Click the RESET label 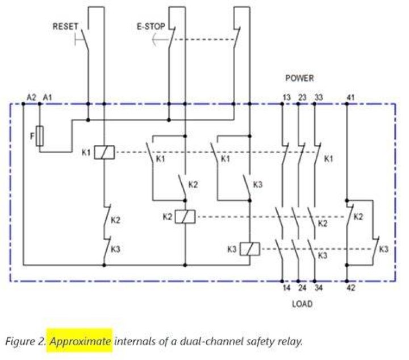(65, 26)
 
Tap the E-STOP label (151, 26)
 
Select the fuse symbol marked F (40, 136)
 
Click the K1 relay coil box (104, 152)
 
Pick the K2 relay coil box (185, 217)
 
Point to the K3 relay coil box (249, 249)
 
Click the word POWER (299, 78)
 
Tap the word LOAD (302, 304)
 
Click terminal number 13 (286, 97)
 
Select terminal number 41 (350, 97)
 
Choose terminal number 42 (351, 288)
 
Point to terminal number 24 (302, 288)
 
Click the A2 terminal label (31, 97)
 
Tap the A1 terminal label (47, 97)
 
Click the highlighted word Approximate (80, 342)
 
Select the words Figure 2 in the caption (26, 342)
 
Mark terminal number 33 (319, 97)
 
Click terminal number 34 (319, 288)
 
